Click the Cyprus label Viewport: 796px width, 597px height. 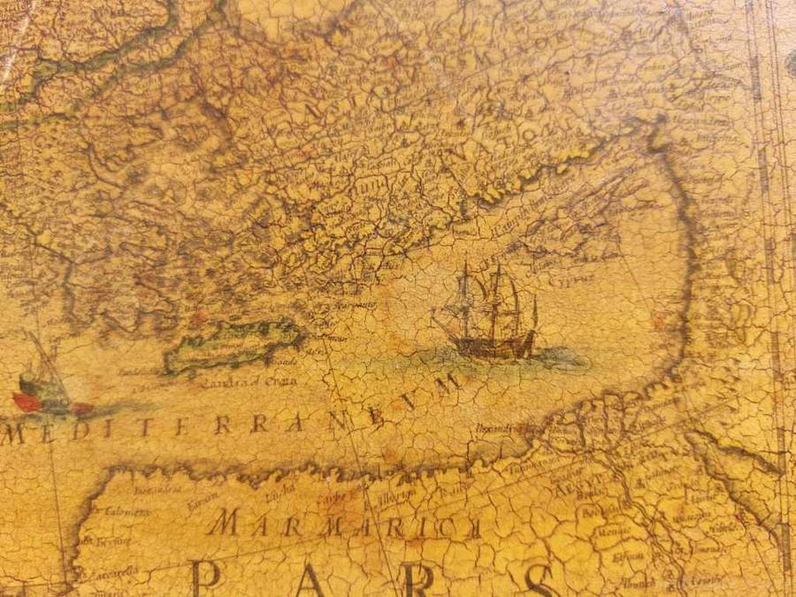tap(600, 275)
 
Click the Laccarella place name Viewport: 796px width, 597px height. tap(114, 573)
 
